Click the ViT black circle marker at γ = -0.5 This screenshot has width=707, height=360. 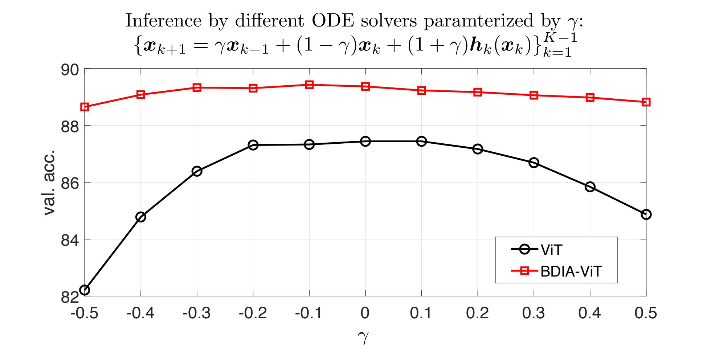(x=85, y=290)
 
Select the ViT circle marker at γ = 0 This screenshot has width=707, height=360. (x=365, y=141)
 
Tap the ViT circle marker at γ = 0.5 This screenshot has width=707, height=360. (x=646, y=214)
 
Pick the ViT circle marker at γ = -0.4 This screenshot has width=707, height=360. (x=141, y=217)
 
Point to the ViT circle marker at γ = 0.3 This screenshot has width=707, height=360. (x=534, y=163)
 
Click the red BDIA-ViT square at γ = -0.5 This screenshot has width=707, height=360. (x=85, y=107)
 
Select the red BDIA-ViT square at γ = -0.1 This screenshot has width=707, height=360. (x=309, y=85)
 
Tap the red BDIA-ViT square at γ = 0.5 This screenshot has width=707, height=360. (x=646, y=102)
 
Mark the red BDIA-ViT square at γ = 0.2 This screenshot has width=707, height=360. (x=478, y=92)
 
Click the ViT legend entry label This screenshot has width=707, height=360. (x=551, y=250)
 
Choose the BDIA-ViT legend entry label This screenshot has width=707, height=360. (x=571, y=271)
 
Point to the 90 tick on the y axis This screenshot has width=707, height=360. (x=70, y=70)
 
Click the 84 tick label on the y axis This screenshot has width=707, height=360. (x=70, y=240)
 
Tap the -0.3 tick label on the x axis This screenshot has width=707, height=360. (x=196, y=313)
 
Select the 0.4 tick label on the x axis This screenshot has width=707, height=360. (x=589, y=313)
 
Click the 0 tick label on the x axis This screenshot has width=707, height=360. (x=365, y=313)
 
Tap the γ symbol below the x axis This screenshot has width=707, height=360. (x=363, y=337)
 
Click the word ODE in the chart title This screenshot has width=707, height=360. (x=333, y=21)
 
